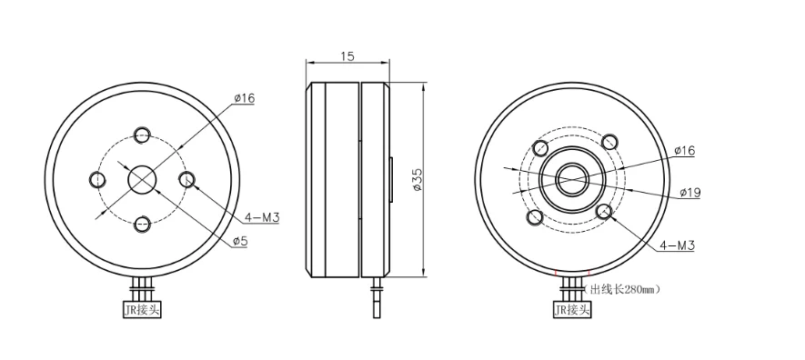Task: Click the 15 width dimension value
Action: pyautogui.click(x=347, y=55)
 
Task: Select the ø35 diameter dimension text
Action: pyautogui.click(x=417, y=180)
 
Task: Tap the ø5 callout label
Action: pyautogui.click(x=241, y=241)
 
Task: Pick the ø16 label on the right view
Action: pyautogui.click(x=684, y=150)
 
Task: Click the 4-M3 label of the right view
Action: pyautogui.click(x=676, y=245)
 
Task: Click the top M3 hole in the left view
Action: pyautogui.click(x=142, y=136)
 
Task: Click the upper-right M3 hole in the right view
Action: pyautogui.click(x=609, y=140)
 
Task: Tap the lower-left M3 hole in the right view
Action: pyautogui.click(x=534, y=218)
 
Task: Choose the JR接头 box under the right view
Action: pyautogui.click(x=572, y=310)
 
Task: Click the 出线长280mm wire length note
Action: pyautogui.click(x=624, y=290)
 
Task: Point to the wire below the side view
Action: pyautogui.click(x=376, y=300)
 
